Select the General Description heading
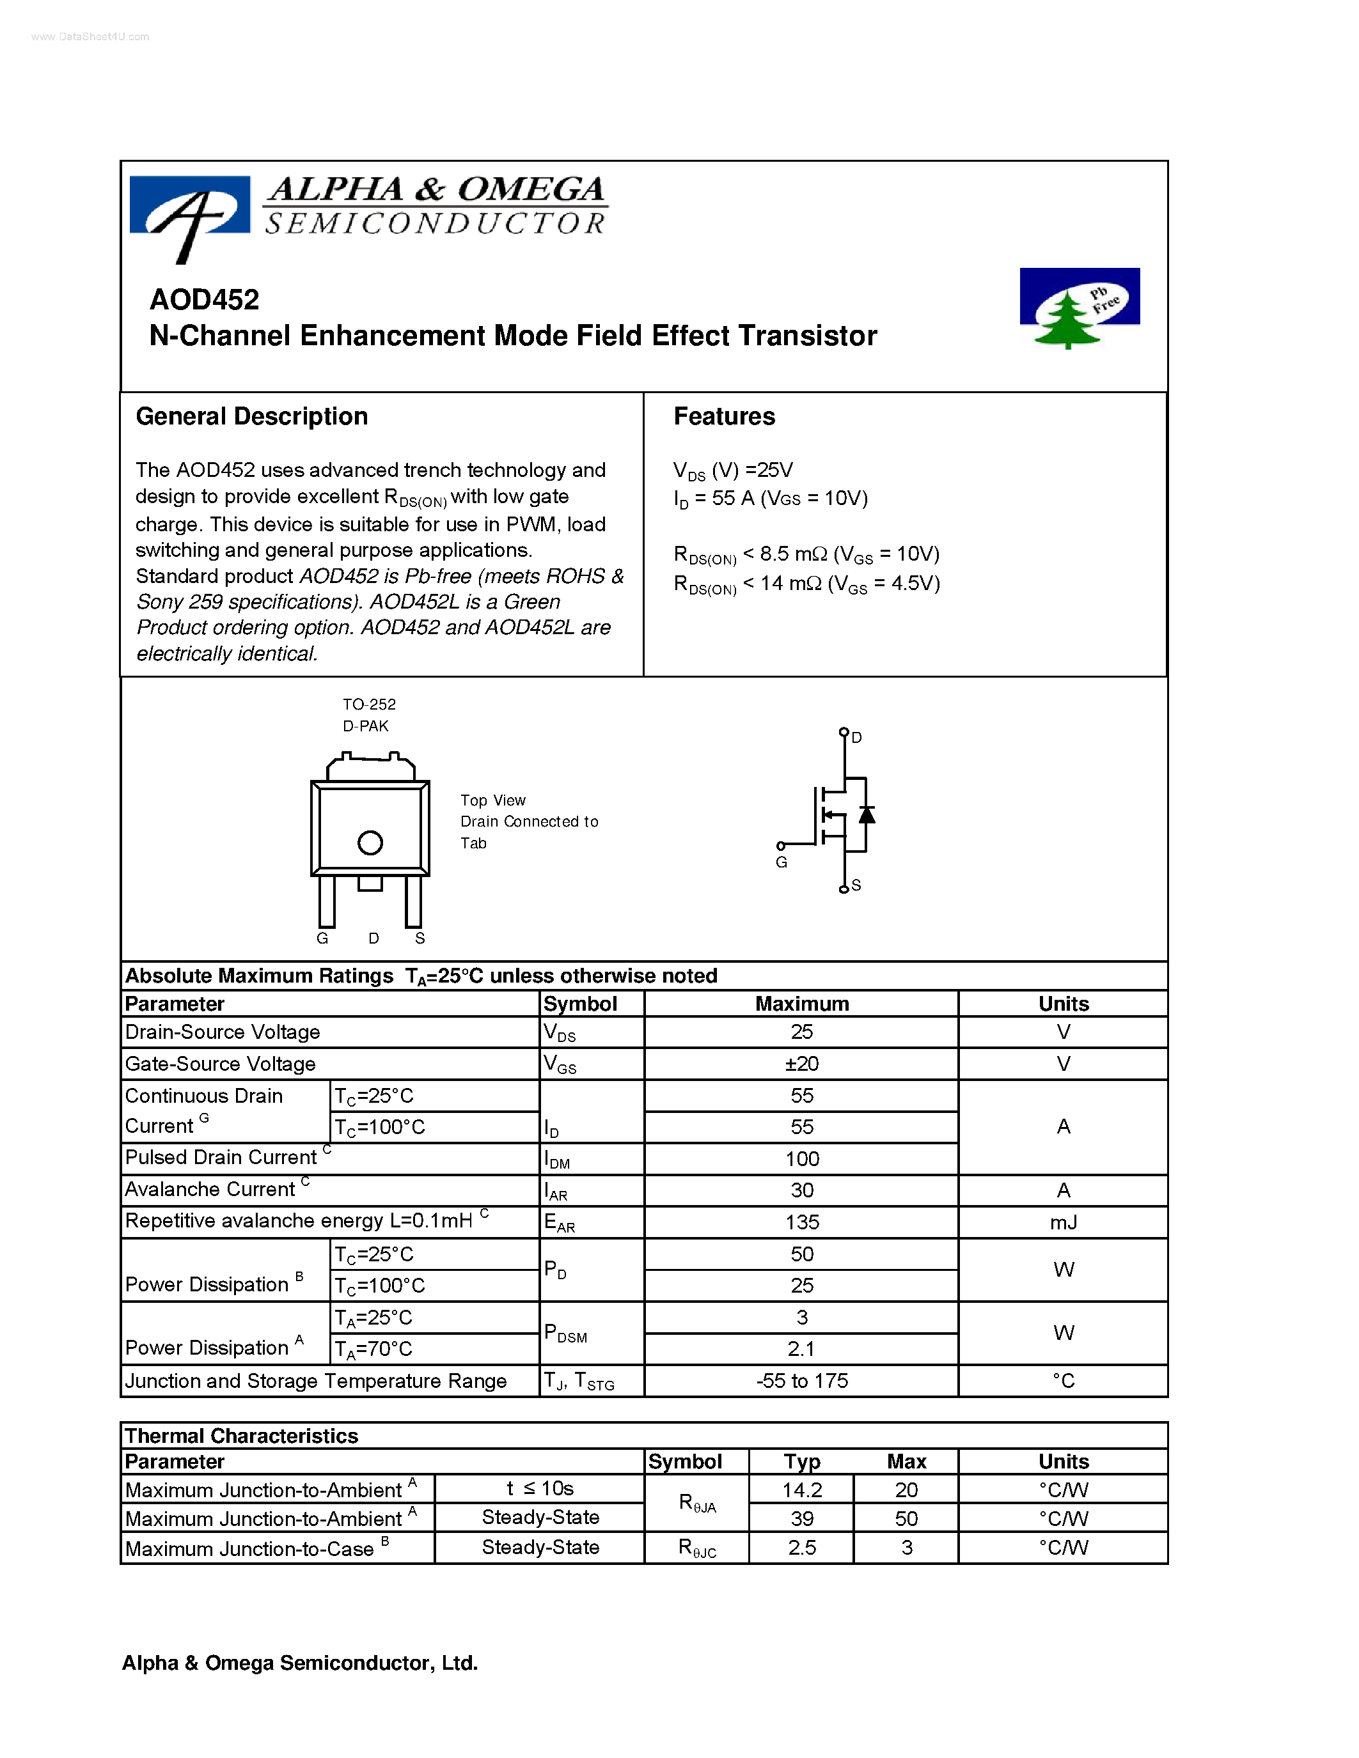pos(251,416)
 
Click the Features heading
pos(724,416)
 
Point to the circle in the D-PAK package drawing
pos(370,843)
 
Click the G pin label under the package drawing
pos(322,938)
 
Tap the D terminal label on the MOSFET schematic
pos(856,737)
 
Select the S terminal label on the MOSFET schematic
pos(856,885)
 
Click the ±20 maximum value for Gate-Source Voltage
pos(801,1064)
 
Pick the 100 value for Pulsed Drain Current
pos(801,1159)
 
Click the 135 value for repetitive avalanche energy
pos(801,1223)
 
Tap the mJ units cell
pos(1063,1223)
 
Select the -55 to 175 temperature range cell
pos(801,1381)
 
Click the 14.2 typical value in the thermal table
pos(801,1490)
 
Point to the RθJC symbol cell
pos(696,1548)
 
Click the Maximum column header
pos(801,1004)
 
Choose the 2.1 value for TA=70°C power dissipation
pos(801,1349)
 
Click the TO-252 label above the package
pos(369,704)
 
